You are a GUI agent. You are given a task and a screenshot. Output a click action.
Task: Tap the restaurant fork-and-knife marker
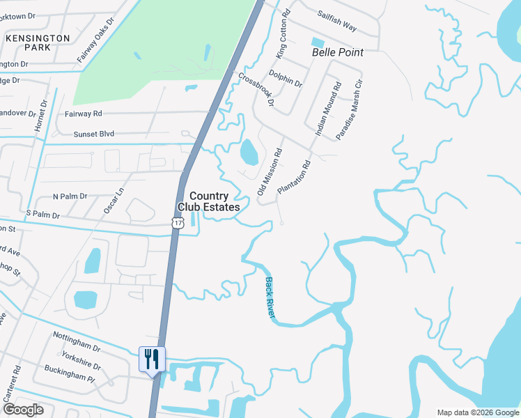(152, 359)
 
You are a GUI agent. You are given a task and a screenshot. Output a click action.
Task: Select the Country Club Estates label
(209, 202)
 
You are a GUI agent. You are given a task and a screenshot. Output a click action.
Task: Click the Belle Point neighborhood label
(338, 52)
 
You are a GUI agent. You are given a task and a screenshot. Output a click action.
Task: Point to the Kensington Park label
(38, 42)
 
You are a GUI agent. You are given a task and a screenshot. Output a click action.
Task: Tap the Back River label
(270, 299)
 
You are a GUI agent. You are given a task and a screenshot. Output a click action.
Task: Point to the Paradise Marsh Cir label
(350, 110)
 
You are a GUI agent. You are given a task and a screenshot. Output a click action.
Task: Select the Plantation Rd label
(293, 178)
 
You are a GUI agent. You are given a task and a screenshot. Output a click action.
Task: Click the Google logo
(23, 410)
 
